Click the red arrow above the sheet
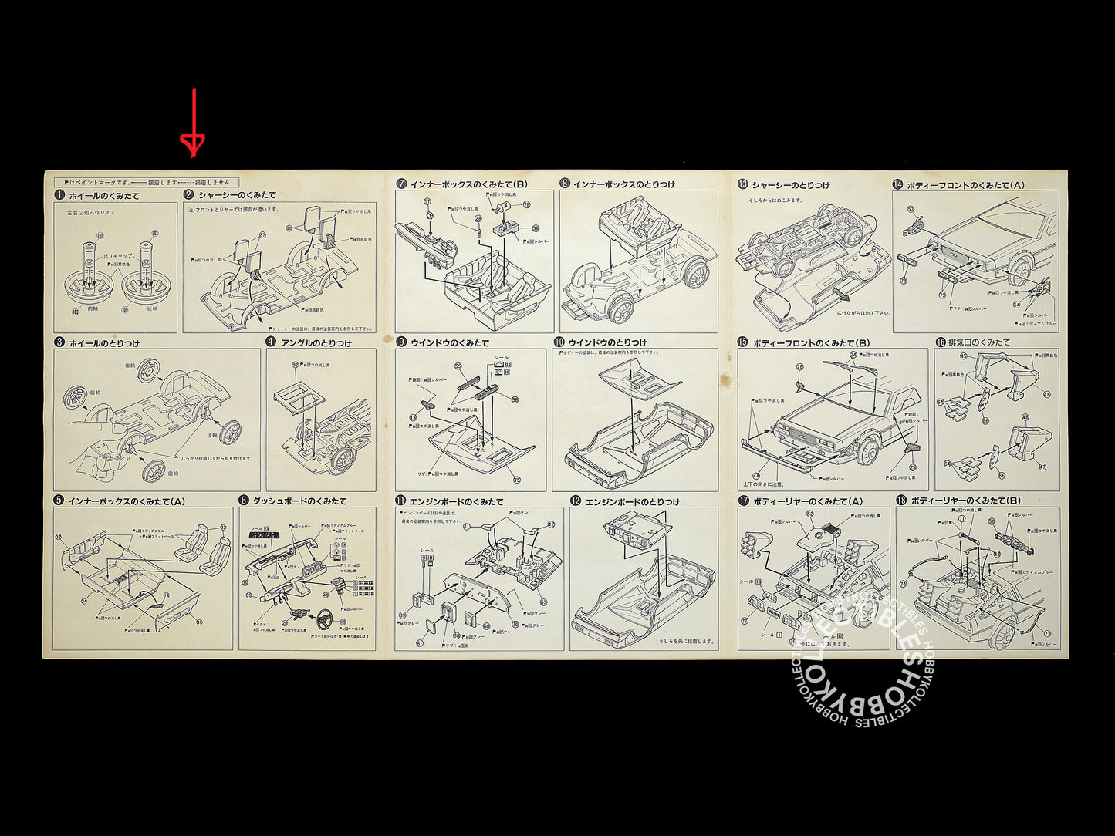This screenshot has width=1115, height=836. click(193, 123)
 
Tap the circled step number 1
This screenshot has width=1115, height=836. click(59, 195)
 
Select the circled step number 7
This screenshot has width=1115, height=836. click(401, 184)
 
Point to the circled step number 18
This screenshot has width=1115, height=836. click(901, 501)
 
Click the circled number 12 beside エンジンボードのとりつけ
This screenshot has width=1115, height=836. click(576, 501)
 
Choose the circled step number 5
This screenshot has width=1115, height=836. click(59, 501)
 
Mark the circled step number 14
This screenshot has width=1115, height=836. click(897, 184)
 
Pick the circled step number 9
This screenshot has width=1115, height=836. click(401, 342)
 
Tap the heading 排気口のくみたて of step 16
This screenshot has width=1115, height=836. click(979, 342)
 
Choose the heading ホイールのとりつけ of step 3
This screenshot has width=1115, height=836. click(104, 342)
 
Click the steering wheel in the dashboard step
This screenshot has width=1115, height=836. click(325, 620)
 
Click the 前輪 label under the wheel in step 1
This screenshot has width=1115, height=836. click(93, 308)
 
